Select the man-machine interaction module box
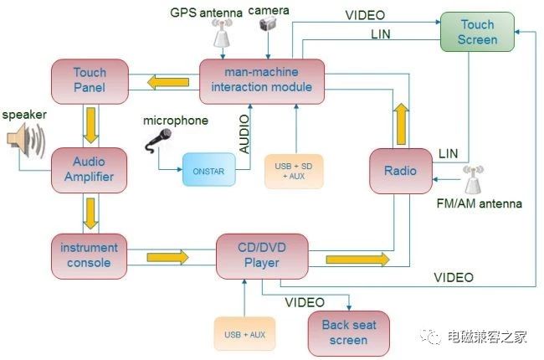(x=261, y=80)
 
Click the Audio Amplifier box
(x=90, y=170)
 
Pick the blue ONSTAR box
(x=208, y=170)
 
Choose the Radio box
(x=399, y=170)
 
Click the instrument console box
(x=90, y=255)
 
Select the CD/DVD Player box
(x=261, y=255)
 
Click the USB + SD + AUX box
(x=293, y=171)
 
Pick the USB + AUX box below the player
(x=244, y=335)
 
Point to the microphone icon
(x=158, y=141)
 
